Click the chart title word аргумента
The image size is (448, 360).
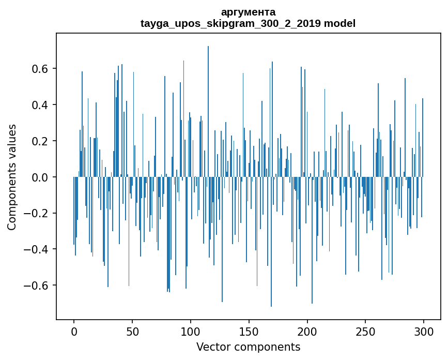(248, 12)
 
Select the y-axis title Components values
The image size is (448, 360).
(12, 177)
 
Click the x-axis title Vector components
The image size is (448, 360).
(248, 347)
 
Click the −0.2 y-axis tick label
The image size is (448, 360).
(38, 214)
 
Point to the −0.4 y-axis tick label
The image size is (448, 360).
(38, 249)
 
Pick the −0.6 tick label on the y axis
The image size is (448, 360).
(38, 286)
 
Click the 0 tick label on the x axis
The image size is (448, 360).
(74, 331)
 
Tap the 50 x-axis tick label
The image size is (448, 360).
(132, 331)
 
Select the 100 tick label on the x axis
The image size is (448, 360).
(191, 331)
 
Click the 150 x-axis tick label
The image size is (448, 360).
(249, 331)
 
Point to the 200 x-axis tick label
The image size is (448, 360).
(307, 331)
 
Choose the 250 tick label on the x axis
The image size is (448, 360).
(365, 331)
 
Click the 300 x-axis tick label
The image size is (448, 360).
(424, 331)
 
